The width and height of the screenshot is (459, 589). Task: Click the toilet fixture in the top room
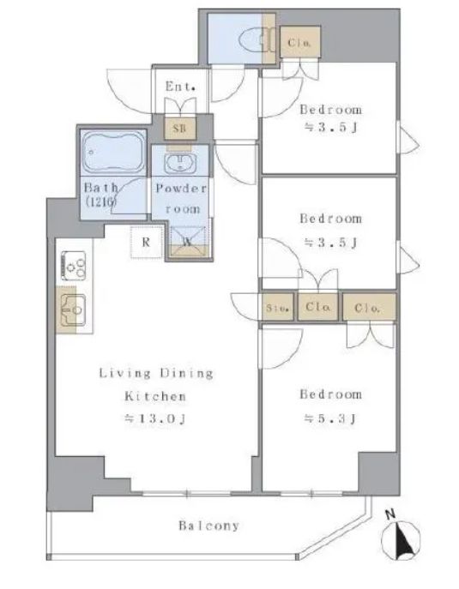(x=257, y=39)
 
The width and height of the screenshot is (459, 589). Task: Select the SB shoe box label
(x=179, y=128)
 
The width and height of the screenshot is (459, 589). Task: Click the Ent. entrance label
(x=180, y=87)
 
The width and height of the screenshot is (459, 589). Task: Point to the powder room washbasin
(x=180, y=163)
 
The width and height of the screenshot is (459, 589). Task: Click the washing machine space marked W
(x=188, y=242)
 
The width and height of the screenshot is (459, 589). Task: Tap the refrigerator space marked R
(x=146, y=242)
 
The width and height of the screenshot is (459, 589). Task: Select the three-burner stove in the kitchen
(x=74, y=266)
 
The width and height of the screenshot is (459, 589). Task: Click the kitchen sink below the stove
(x=74, y=310)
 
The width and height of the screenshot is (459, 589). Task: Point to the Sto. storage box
(x=278, y=307)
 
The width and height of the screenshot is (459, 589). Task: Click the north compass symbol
(x=401, y=540)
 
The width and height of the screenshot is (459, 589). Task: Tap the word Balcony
(x=209, y=526)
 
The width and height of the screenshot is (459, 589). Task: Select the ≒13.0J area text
(x=155, y=418)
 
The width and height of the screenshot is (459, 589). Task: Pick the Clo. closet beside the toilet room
(x=300, y=42)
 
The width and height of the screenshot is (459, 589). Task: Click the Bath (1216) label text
(x=101, y=195)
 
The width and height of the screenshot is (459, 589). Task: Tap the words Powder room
(x=182, y=198)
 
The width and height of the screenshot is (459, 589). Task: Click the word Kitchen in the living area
(x=155, y=396)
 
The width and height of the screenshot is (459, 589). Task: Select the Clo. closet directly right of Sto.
(x=318, y=307)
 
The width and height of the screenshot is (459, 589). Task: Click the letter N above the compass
(x=391, y=514)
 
